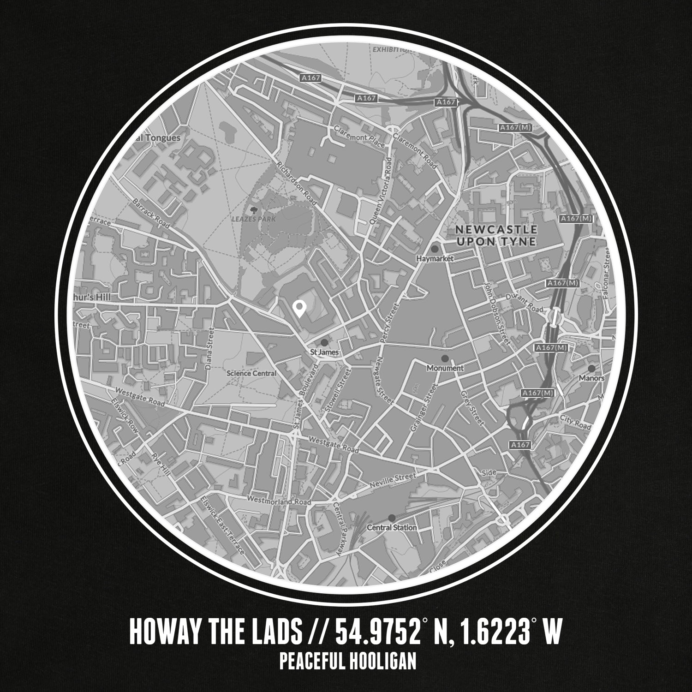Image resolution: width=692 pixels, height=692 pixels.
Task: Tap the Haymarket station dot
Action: [435, 249]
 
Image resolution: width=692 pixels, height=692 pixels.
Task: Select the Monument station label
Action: [445, 368]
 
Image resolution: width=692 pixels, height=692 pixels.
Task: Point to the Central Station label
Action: [392, 527]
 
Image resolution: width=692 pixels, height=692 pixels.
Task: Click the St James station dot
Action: [324, 342]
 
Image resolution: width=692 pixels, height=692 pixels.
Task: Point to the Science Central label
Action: [251, 373]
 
